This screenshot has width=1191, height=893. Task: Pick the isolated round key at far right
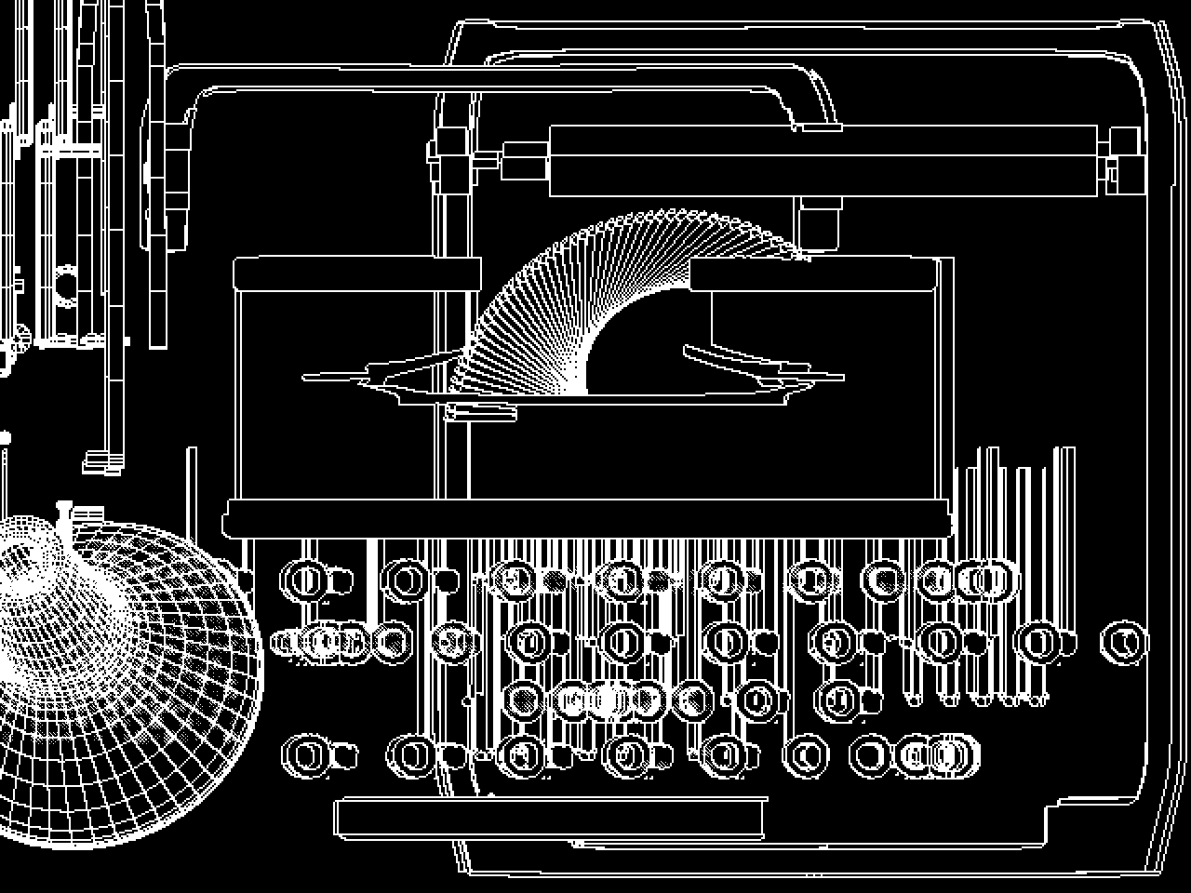(x=1123, y=642)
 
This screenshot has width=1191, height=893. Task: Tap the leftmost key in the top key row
(x=303, y=580)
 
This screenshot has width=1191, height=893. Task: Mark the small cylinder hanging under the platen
(x=820, y=223)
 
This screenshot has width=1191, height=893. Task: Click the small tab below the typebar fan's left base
(x=481, y=412)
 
